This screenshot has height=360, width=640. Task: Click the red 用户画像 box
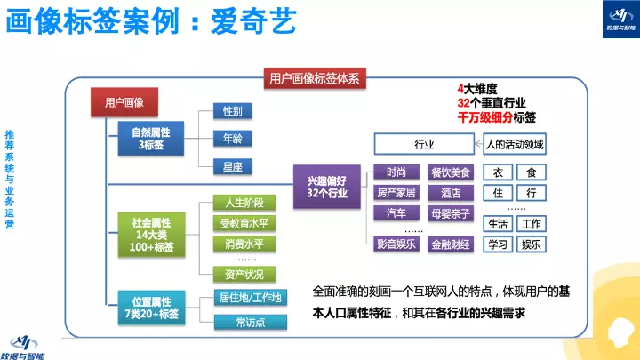click(124, 104)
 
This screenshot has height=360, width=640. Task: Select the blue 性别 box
click(233, 111)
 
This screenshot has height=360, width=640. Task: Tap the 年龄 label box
click(233, 138)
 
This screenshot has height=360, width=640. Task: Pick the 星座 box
click(233, 165)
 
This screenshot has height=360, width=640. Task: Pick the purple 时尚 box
click(396, 172)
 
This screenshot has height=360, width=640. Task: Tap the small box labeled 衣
click(499, 172)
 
